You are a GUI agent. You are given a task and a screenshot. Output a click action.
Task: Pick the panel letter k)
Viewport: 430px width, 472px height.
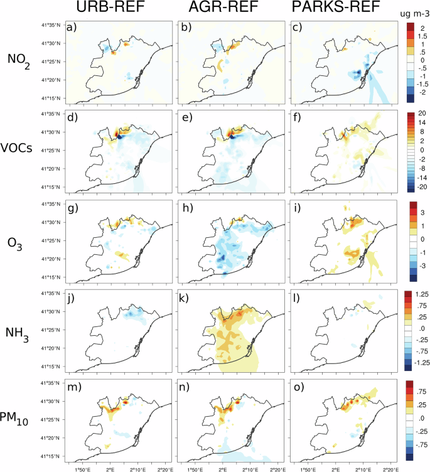click(186, 299)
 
